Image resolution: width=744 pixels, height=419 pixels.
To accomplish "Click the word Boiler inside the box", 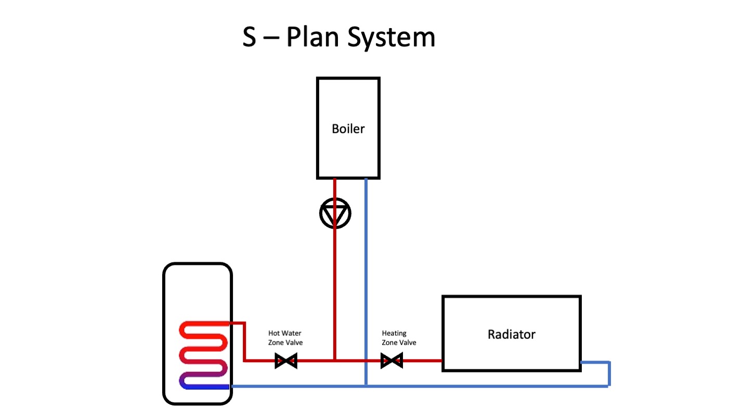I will coord(348,129).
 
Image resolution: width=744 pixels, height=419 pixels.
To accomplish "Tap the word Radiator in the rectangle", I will coord(511,334).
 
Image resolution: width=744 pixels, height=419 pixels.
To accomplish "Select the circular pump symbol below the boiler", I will coord(335,213).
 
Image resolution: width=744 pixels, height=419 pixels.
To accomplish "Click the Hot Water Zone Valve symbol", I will coord(285,360).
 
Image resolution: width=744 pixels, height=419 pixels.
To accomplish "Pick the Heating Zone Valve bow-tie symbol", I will coord(391,360).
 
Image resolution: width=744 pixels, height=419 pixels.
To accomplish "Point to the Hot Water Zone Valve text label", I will coord(285,338).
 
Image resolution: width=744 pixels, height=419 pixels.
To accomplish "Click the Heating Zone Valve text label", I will coord(399,338).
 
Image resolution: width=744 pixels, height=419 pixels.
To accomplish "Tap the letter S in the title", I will coord(250,37).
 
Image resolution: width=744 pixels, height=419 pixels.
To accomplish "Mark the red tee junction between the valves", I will coord(335,360).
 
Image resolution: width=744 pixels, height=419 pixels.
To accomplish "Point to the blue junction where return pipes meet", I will coord(366,386).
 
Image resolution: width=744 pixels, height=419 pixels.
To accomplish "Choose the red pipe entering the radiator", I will coord(421,360).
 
